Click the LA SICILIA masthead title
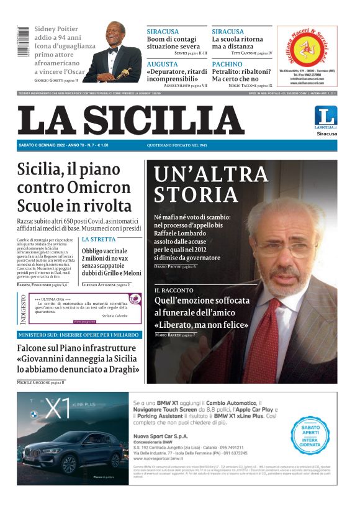tap(130, 120)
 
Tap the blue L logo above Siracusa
tap(326, 116)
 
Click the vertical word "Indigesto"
tap(23, 309)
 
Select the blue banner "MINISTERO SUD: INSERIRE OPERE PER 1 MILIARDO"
tap(79, 335)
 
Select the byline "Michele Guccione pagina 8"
tap(41, 382)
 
